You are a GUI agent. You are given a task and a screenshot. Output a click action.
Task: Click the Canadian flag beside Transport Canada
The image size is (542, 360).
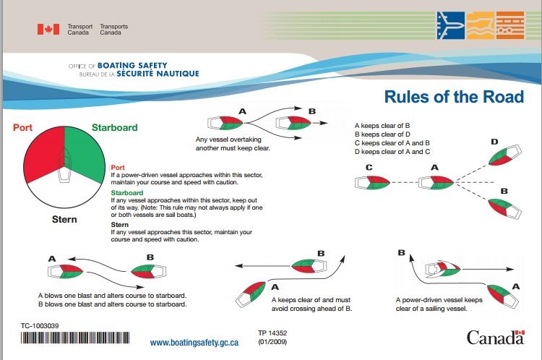click(48, 29)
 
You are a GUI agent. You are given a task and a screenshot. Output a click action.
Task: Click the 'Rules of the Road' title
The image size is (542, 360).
click(453, 97)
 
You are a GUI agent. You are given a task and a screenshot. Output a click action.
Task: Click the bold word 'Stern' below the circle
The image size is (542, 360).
click(64, 218)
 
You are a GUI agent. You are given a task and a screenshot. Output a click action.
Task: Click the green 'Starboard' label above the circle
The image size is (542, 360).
click(114, 128)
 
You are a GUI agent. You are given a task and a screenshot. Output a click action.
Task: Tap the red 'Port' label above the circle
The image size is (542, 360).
click(23, 128)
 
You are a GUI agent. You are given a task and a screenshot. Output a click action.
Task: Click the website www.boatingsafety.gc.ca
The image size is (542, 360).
click(194, 342)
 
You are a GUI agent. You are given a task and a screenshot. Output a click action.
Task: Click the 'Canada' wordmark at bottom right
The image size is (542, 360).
click(494, 338)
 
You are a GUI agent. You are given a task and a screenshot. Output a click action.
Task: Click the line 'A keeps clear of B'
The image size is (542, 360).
click(377, 125)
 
